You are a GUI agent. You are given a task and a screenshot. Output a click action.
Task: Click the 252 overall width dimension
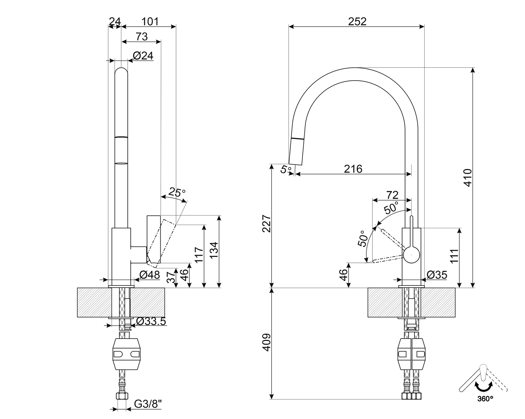coord(357,22)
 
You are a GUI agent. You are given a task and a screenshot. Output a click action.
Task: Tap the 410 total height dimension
coord(468,178)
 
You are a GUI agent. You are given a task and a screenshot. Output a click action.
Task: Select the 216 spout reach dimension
coord(353,169)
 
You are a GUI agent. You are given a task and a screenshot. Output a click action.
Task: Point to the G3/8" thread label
coord(148,404)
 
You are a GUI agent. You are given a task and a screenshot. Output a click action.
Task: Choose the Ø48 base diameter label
coord(149,275)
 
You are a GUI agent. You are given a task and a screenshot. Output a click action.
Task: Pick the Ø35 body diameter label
coord(437,275)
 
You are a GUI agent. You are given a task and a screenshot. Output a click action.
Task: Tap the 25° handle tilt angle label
coord(177,192)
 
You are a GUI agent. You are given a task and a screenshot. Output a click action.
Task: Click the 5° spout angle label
coord(286,169)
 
